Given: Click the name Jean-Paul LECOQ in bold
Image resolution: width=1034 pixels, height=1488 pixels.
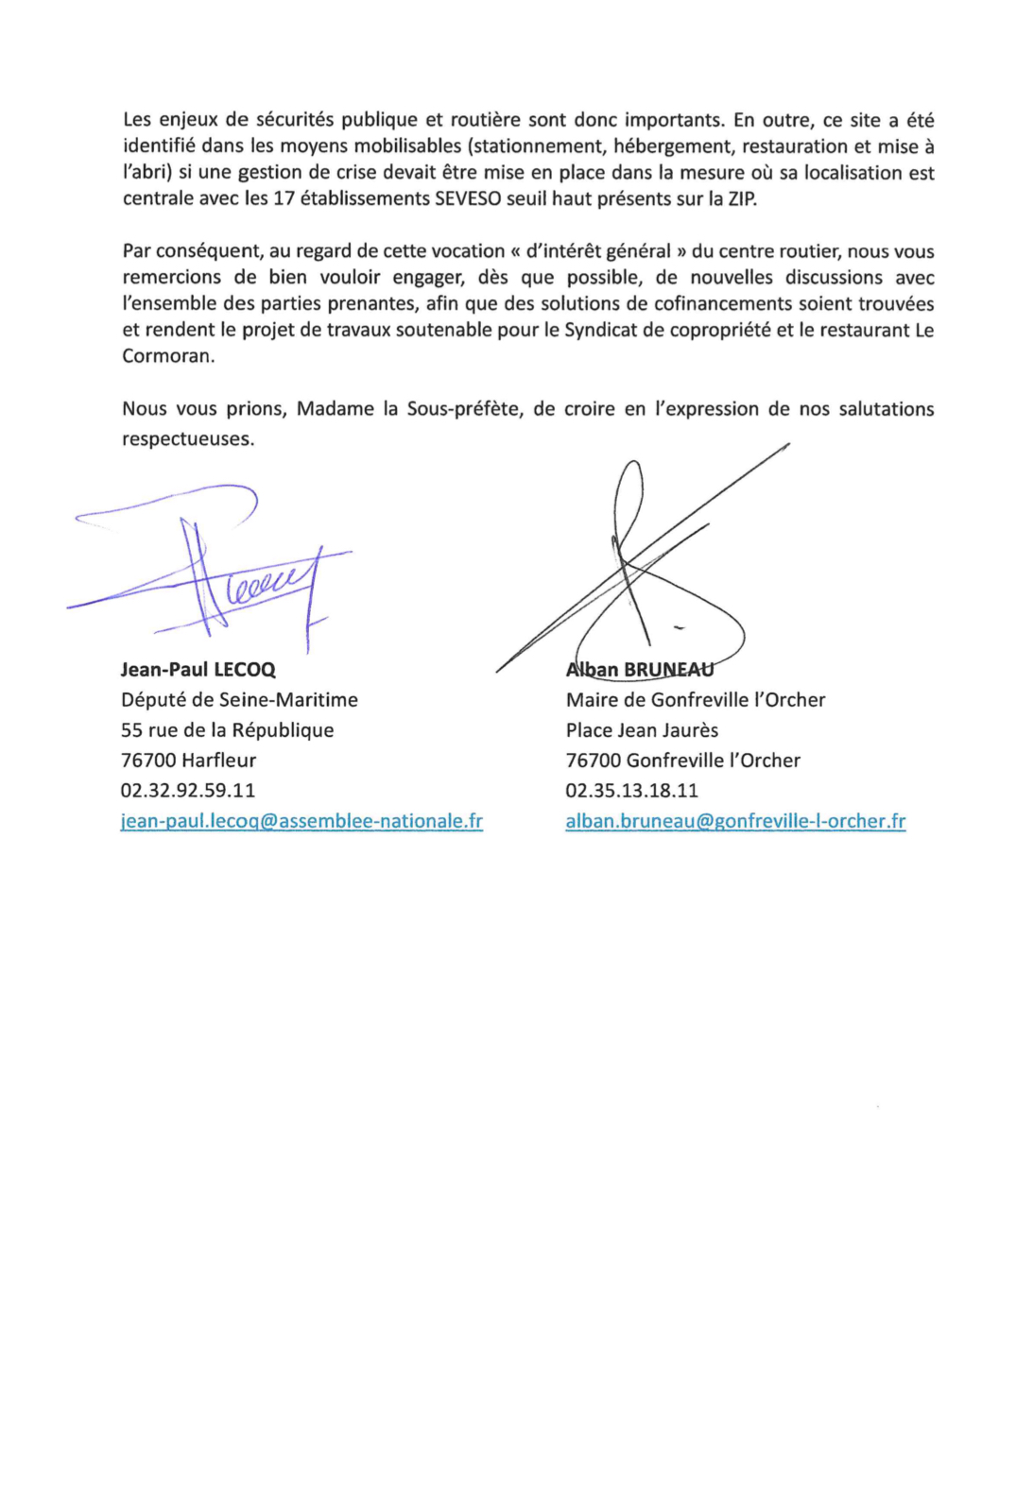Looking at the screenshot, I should click(x=198, y=670).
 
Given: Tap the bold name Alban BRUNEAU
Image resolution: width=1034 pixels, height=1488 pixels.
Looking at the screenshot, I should click(x=639, y=670).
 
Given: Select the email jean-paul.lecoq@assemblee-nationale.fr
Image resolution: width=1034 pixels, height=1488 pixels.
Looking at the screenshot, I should click(x=302, y=821).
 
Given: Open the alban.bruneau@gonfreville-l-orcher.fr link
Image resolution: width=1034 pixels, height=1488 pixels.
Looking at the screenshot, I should click(x=735, y=821).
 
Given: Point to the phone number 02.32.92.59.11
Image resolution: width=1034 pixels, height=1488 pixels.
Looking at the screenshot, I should click(x=188, y=791).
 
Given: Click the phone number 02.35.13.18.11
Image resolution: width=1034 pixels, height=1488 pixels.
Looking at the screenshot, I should click(x=631, y=791).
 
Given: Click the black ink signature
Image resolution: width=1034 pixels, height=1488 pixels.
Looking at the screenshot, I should click(x=643, y=567).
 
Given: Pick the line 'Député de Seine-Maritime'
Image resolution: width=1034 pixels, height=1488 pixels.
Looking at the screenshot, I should click(x=239, y=700).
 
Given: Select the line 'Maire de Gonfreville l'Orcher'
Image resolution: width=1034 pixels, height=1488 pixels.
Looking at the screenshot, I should click(x=696, y=700).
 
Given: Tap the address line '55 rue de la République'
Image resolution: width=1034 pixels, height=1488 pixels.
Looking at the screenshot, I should click(x=227, y=730).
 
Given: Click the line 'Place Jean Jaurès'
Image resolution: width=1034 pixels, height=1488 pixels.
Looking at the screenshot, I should click(x=642, y=730).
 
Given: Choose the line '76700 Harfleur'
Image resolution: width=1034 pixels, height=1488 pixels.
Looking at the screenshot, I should click(x=188, y=761).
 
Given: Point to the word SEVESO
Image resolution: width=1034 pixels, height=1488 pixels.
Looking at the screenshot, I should click(x=467, y=199).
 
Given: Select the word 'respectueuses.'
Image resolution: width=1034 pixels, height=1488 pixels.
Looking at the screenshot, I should click(x=188, y=439).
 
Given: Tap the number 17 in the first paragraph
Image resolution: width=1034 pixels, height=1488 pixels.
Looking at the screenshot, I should click(x=284, y=199).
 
